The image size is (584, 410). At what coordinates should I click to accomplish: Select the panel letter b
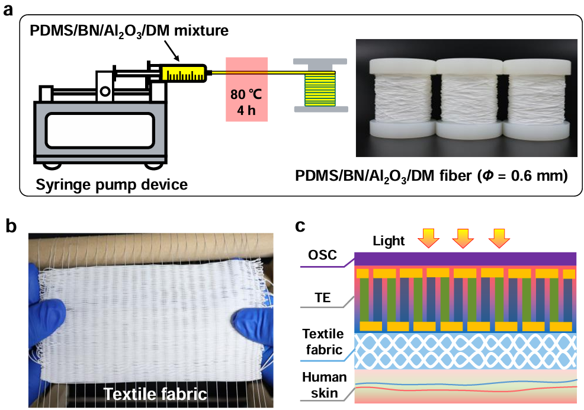click(9, 228)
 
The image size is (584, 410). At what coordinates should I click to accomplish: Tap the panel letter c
click(301, 228)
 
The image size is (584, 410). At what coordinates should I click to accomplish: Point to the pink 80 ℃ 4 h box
click(246, 88)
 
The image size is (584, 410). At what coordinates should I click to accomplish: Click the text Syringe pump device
click(112, 184)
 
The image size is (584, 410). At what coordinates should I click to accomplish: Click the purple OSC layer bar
click(465, 258)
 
